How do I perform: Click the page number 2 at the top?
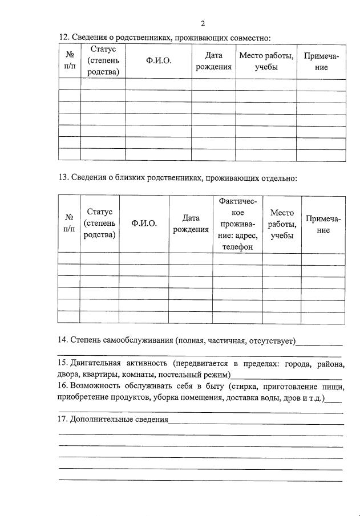pos(203,23)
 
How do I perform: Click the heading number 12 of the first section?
pos(63,38)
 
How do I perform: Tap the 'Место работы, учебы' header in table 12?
pos(266,62)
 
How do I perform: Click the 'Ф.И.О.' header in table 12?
pos(159,62)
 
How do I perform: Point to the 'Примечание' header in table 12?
pos(321,62)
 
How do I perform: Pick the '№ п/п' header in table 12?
pos(70,62)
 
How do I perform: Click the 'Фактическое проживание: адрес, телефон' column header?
pos(237,224)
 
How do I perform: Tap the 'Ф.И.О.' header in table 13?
pos(144,224)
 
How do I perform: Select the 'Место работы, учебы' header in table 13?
pos(282,224)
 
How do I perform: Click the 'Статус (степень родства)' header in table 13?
pos(100,224)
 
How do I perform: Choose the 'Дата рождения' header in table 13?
pos(191,224)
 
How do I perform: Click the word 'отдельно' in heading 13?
pos(278,178)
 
